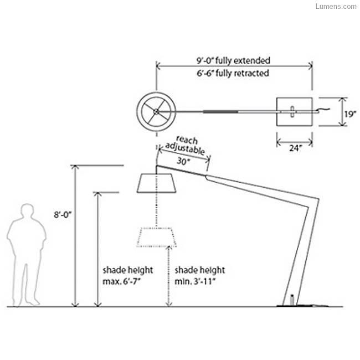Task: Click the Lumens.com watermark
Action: (336, 6)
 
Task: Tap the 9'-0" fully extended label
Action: (233, 60)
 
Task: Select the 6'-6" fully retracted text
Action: (233, 73)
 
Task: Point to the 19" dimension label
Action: (351, 114)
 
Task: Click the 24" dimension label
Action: (296, 148)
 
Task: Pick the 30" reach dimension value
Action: (183, 161)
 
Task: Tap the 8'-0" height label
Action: (63, 215)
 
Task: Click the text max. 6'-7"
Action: (121, 281)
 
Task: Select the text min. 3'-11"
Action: (196, 281)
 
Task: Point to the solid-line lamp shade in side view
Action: (156, 183)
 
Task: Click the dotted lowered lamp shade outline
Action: (157, 237)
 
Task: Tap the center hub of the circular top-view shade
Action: (156, 112)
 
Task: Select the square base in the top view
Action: (294, 112)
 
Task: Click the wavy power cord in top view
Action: (324, 110)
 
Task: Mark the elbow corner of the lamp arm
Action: (318, 199)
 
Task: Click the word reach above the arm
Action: (187, 140)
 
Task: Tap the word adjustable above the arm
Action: (185, 149)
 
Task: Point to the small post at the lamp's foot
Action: (292, 300)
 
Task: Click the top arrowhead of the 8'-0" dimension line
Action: (75, 167)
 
